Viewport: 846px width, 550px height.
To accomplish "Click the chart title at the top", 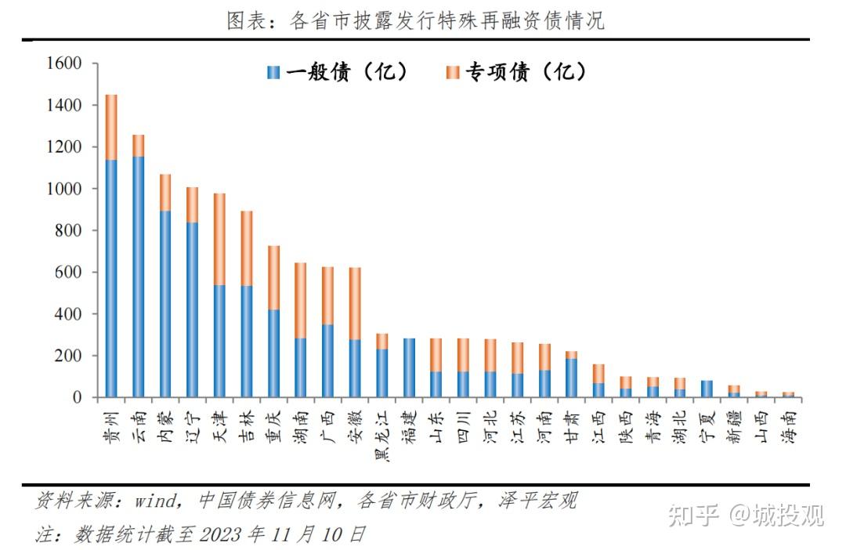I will tap(415, 20).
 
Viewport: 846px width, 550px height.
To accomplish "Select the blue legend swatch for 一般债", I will tap(273, 73).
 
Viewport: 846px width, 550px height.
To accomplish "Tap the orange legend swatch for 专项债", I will tap(453, 73).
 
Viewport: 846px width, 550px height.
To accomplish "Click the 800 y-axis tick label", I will tap(70, 231).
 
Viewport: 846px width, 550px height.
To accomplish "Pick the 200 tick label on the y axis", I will tap(70, 356).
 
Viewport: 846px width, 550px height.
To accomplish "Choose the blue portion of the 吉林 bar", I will tap(247, 342).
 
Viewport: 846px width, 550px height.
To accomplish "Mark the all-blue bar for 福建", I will tap(409, 367).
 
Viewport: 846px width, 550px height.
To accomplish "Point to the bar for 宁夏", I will tap(707, 389).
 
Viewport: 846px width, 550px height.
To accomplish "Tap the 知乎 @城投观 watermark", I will tap(745, 515).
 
